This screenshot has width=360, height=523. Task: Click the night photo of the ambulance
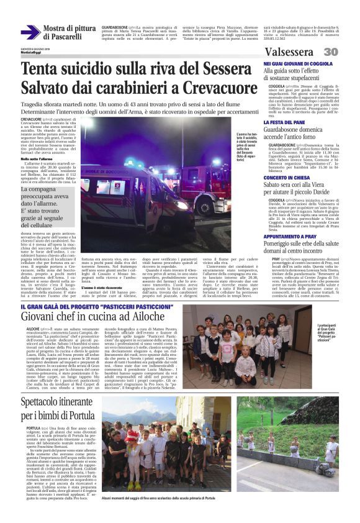point(155,164)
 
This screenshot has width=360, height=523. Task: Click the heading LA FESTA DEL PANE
point(283,122)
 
